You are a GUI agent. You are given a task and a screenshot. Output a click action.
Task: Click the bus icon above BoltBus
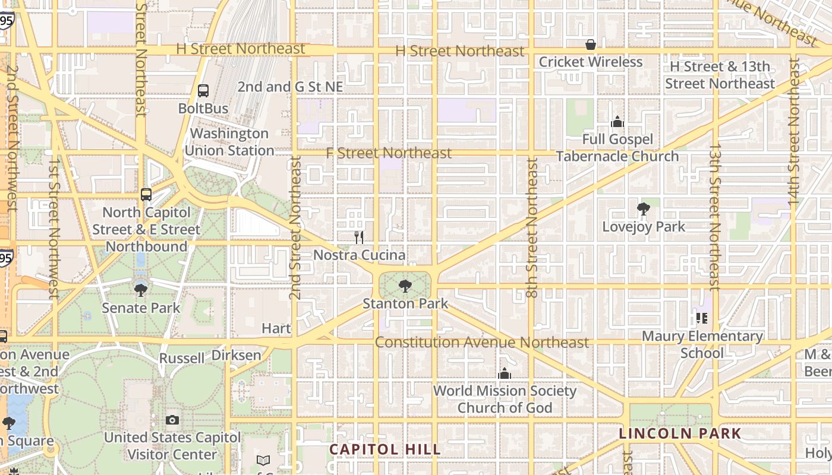pyautogui.click(x=203, y=91)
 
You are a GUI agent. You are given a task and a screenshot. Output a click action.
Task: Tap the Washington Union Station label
pyautogui.click(x=229, y=142)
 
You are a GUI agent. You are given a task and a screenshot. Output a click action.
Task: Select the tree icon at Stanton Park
pyautogui.click(x=405, y=286)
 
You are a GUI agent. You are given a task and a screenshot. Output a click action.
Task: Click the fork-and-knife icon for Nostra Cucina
pyautogui.click(x=358, y=237)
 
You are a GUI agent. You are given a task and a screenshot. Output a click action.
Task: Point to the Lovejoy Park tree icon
pyautogui.click(x=643, y=208)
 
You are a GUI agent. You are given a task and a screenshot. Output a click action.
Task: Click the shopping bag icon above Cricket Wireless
pyautogui.click(x=591, y=45)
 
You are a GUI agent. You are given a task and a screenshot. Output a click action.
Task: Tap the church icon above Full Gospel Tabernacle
pyautogui.click(x=617, y=122)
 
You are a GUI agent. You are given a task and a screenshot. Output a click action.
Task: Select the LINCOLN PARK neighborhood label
pyautogui.click(x=680, y=433)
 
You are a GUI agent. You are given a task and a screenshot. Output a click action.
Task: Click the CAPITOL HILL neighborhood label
pyautogui.click(x=385, y=449)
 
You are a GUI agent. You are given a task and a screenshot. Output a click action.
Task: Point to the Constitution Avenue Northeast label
pyautogui.click(x=482, y=343)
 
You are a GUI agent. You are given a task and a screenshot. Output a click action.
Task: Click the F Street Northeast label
pyautogui.click(x=389, y=153)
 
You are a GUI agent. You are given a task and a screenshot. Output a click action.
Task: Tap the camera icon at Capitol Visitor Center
pyautogui.click(x=172, y=420)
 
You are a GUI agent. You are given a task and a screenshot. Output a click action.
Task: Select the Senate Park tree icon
pyautogui.click(x=141, y=290)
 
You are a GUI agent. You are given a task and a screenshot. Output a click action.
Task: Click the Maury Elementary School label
pyautogui.click(x=702, y=344)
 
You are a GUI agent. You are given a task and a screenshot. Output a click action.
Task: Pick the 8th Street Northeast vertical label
pyautogui.click(x=532, y=227)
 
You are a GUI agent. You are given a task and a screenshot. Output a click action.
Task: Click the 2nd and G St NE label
pyautogui.click(x=290, y=87)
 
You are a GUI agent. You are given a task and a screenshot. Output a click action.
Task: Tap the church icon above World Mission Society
pyautogui.click(x=505, y=373)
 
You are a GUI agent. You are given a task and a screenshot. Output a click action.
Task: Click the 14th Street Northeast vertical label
pyautogui.click(x=794, y=132)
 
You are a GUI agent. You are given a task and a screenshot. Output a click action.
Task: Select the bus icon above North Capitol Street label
pyautogui.click(x=146, y=194)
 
